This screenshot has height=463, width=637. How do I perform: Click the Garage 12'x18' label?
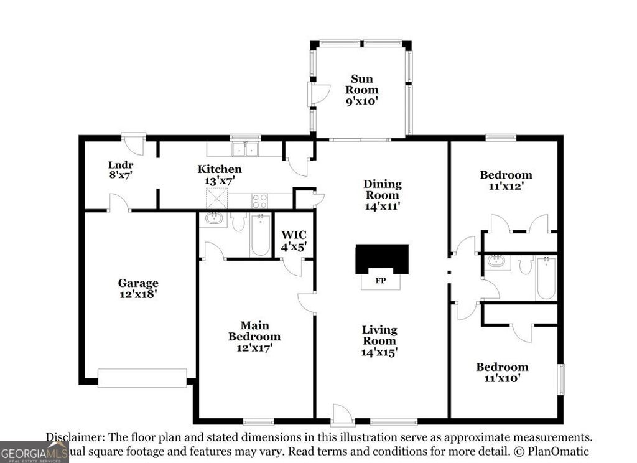pyautogui.click(x=138, y=288)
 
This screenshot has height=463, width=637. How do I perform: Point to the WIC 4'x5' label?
pyautogui.click(x=294, y=240)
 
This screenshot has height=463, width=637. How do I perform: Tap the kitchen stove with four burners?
pyautogui.click(x=259, y=201)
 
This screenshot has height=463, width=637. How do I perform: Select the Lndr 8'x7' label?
pyautogui.click(x=120, y=170)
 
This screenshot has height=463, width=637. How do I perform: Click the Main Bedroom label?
pyautogui.click(x=254, y=336)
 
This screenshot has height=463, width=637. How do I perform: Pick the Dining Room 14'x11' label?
pyautogui.click(x=382, y=195)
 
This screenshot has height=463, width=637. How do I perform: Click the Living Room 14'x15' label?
pyautogui.click(x=379, y=340)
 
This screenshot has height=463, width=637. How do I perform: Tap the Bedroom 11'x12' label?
pyautogui.click(x=506, y=180)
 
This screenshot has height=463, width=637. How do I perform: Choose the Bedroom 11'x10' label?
pyautogui.click(x=502, y=372)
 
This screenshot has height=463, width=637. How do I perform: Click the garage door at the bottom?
pyautogui.click(x=142, y=378)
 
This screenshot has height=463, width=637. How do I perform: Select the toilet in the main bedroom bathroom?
pyautogui.click(x=238, y=222)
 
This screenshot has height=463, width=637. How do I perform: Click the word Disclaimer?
pyautogui.click(x=73, y=437)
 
